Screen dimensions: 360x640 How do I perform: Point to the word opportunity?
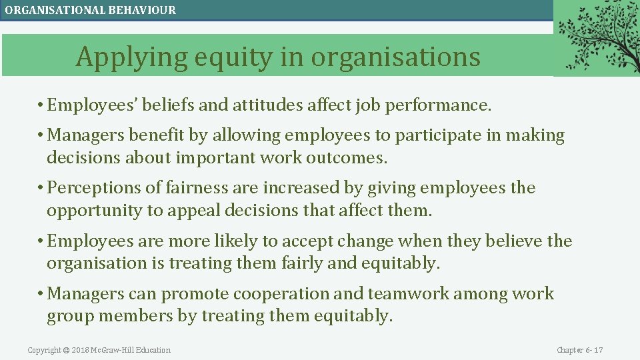click(95, 211)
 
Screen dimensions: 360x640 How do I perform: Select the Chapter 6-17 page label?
click(579, 350)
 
